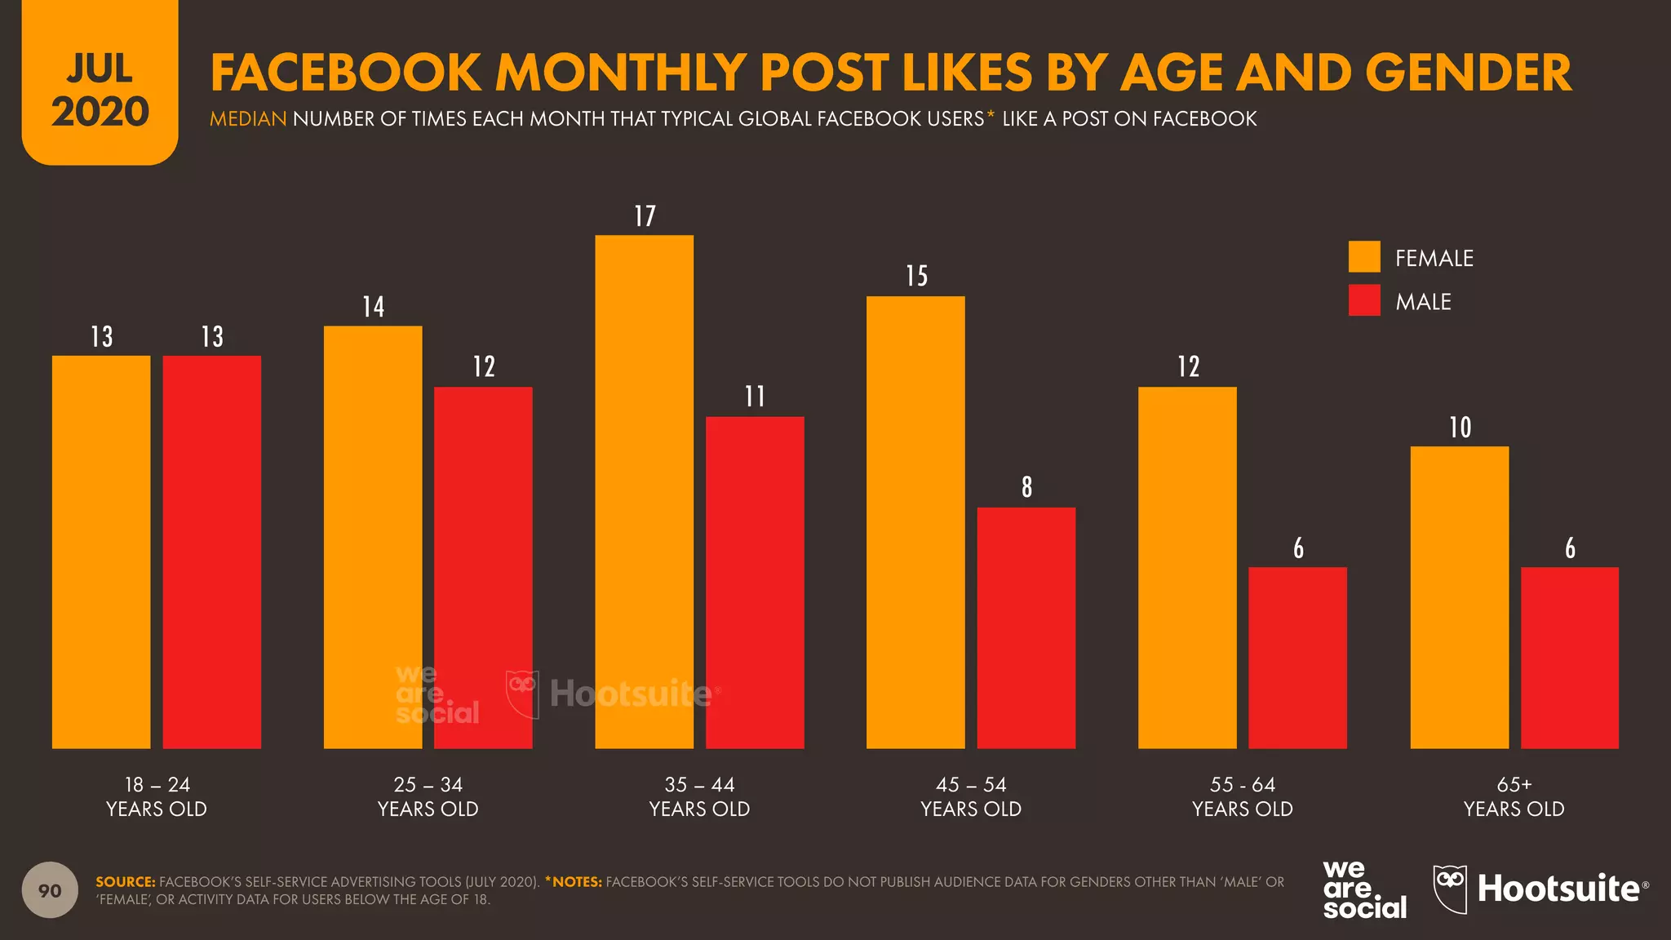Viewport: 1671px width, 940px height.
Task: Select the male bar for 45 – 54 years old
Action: point(1026,627)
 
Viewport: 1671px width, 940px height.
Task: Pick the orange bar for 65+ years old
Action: point(1459,596)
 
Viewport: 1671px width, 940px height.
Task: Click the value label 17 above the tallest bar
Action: point(645,216)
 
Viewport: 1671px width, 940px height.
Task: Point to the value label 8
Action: point(1026,487)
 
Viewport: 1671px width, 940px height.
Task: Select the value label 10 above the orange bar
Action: point(1460,428)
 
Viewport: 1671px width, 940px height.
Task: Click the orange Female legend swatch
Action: point(1364,257)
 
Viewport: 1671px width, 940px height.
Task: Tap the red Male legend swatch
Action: point(1364,300)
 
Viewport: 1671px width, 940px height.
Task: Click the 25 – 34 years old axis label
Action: point(428,796)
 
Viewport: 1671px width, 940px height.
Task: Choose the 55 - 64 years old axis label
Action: point(1242,796)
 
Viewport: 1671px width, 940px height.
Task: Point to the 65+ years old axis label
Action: point(1514,796)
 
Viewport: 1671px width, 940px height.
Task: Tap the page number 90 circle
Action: point(50,890)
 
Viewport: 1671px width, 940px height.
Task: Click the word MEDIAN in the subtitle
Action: point(248,119)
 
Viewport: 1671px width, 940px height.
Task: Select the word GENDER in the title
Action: point(1468,73)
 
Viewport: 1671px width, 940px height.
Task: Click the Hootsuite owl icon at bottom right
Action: point(1450,888)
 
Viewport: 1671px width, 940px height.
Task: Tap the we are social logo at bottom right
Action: point(1363,889)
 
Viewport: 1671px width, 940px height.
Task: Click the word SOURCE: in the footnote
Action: point(125,882)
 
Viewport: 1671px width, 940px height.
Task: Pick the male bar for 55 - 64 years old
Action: point(1297,658)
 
